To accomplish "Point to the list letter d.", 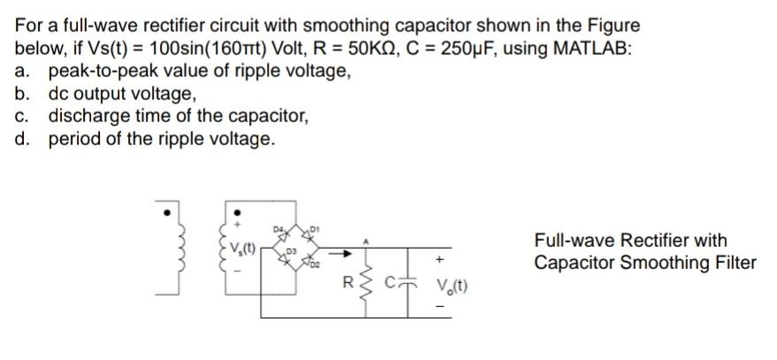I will pyautogui.click(x=22, y=139).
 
